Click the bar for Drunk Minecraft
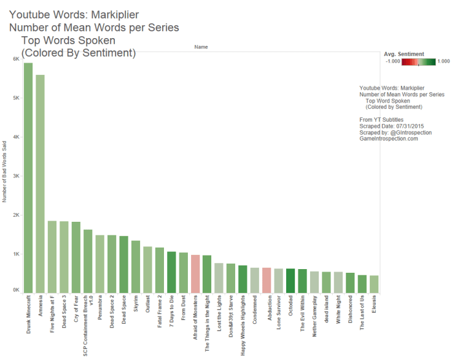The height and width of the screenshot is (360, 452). coord(28,178)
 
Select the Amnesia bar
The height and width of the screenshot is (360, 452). coord(40,184)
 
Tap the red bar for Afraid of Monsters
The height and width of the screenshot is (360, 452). coord(195,274)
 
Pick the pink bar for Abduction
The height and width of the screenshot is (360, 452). coord(267,280)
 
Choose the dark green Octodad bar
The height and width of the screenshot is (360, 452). coord(290,281)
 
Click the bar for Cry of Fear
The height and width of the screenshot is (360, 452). coord(76,257)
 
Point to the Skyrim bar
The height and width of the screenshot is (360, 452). coord(136,267)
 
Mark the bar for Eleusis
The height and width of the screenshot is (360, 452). coord(374,284)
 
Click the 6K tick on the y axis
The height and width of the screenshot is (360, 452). coord(15,59)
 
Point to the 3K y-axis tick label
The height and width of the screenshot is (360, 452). coord(15,176)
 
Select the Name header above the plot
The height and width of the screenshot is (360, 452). coord(200,47)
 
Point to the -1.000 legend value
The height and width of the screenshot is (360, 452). coord(393,61)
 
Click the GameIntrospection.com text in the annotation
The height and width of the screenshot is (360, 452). coord(388,139)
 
